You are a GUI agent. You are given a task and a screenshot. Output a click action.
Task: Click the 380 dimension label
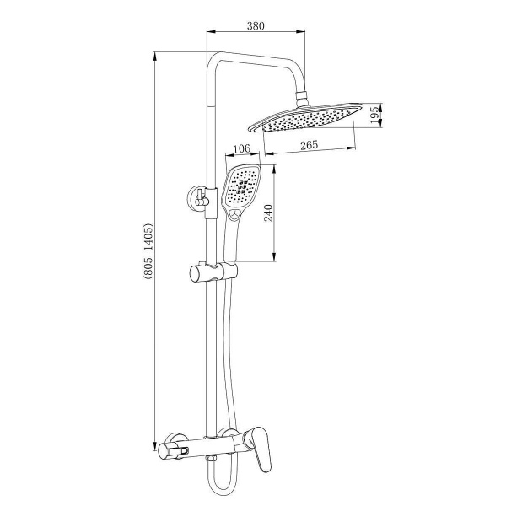pyautogui.click(x=256, y=26)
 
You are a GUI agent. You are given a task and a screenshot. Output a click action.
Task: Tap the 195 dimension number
pyautogui.click(x=374, y=116)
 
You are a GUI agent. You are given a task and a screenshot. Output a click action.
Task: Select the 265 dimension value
pyautogui.click(x=310, y=145)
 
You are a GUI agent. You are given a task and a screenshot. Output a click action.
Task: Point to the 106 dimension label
pyautogui.click(x=242, y=148)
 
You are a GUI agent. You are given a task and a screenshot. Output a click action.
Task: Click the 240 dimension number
pyautogui.click(x=268, y=213)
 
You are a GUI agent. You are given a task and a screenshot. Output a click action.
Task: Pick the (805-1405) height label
pyautogui.click(x=148, y=250)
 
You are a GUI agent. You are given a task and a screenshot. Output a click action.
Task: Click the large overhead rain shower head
pyautogui.click(x=305, y=118)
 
